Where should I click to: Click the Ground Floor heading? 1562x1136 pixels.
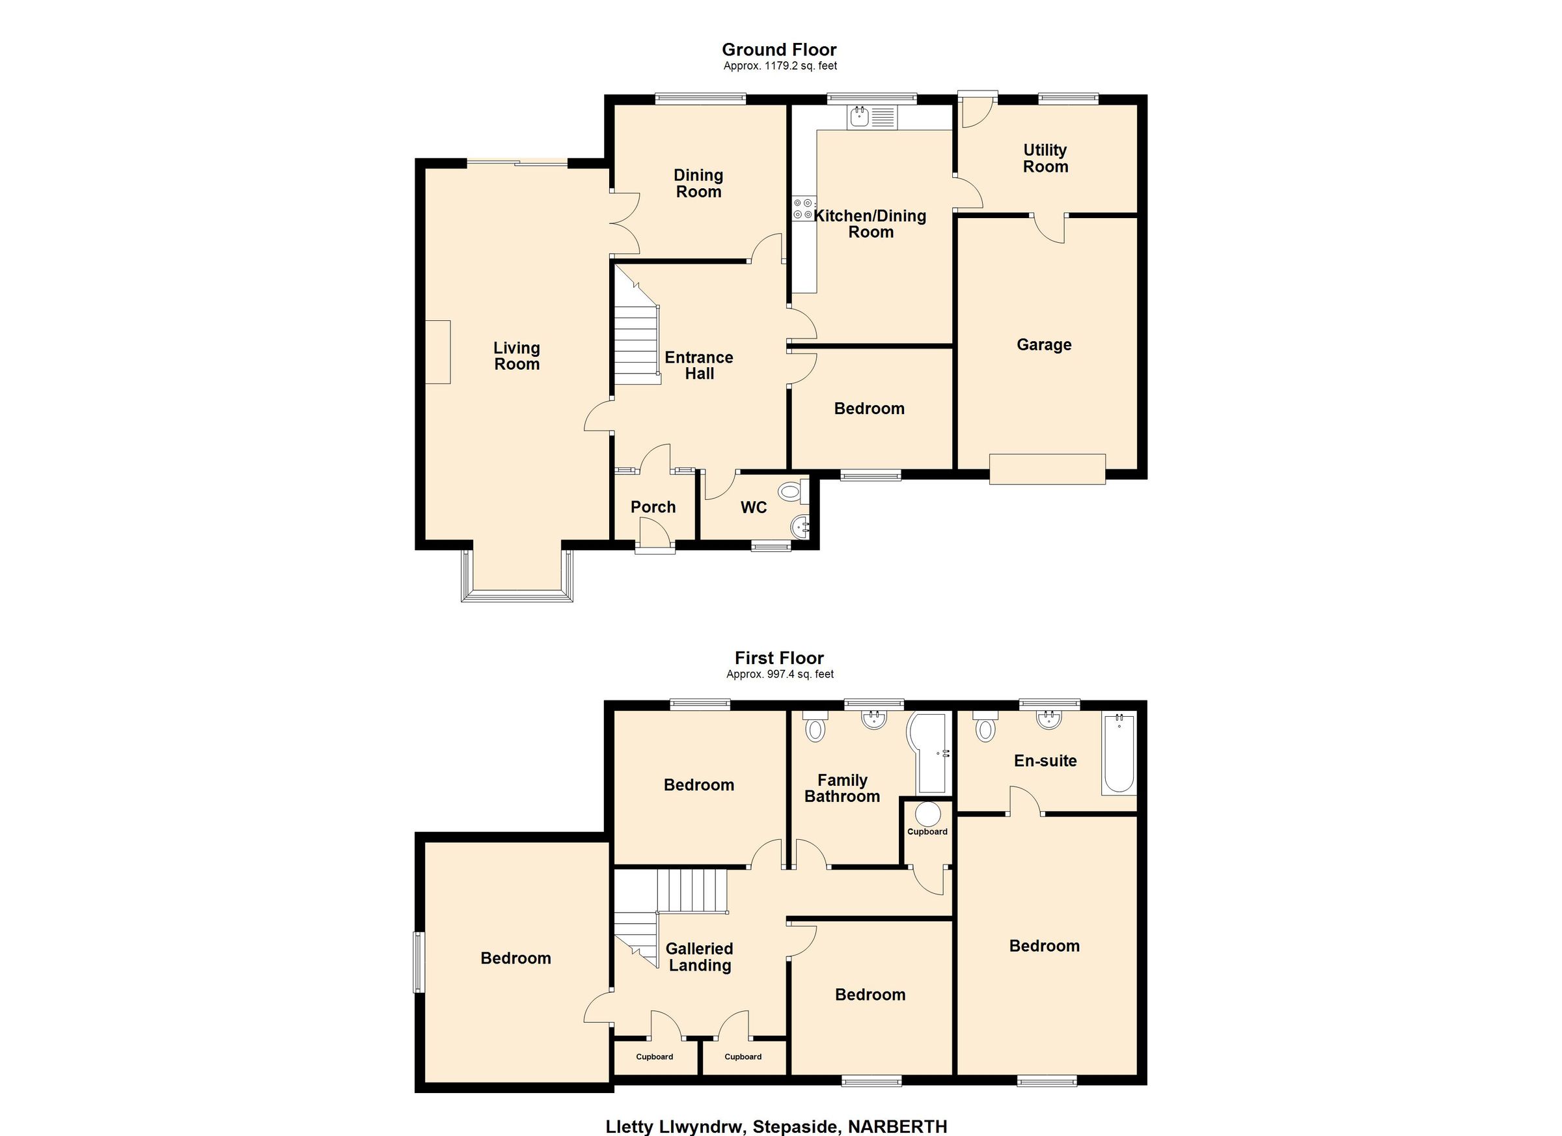[779, 49]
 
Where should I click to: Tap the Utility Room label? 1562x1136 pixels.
[1045, 158]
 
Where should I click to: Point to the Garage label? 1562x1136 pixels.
[1044, 344]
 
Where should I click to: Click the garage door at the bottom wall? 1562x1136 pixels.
[1048, 469]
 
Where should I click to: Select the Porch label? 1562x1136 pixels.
[653, 507]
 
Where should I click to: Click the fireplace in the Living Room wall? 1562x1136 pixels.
[437, 352]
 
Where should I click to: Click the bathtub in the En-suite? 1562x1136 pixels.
[1119, 755]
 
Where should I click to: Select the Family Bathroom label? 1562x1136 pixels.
[842, 788]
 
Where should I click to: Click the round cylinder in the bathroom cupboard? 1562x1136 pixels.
[927, 814]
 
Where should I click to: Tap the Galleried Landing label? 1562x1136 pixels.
[699, 957]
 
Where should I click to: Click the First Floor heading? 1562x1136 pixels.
[779, 658]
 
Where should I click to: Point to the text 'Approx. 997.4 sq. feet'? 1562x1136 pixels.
[780, 674]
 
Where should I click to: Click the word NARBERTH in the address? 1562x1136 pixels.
[897, 1126]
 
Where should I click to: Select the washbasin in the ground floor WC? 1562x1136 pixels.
[802, 527]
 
